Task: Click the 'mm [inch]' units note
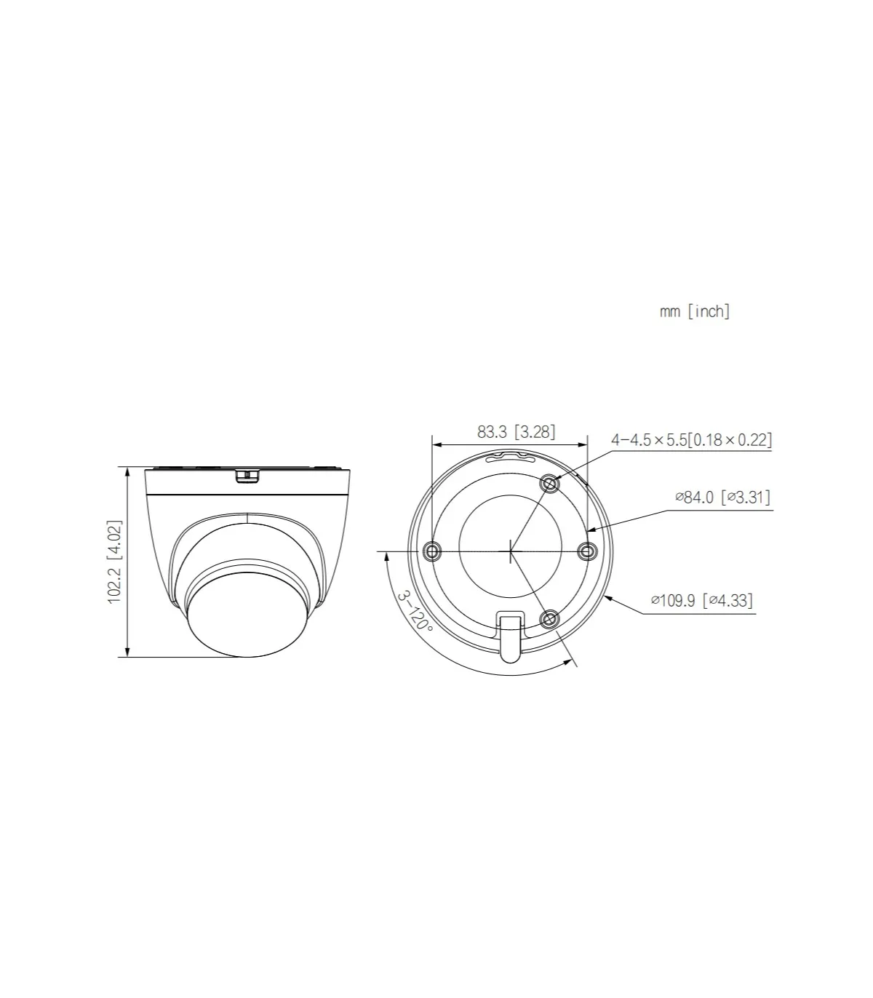(695, 311)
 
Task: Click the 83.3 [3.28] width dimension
(516, 431)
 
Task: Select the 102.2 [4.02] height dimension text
(115, 562)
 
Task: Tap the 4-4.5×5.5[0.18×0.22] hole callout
(692, 440)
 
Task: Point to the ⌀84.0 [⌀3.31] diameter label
(723, 498)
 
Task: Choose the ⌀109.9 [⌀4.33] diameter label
(702, 600)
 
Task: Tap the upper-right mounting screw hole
(550, 484)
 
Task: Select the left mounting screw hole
(432, 551)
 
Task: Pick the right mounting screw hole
(587, 551)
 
